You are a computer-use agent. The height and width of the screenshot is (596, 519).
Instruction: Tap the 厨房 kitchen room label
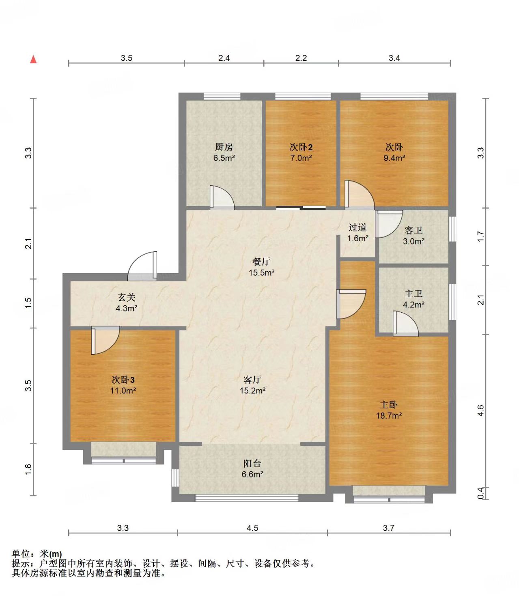pos(224,147)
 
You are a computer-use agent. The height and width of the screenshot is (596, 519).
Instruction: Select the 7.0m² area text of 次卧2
pos(301,158)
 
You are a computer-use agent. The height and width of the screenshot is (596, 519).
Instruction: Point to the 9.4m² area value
pos(394,158)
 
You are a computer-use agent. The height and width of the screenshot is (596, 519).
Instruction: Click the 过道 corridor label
pos(357,227)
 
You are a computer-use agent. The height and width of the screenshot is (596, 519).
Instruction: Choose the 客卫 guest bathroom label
pos(413,231)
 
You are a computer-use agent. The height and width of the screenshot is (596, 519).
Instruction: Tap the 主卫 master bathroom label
pos(413,294)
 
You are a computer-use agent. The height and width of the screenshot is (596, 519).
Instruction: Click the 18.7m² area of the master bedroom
pos(389,415)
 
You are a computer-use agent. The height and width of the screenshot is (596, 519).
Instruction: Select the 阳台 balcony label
pos(252,463)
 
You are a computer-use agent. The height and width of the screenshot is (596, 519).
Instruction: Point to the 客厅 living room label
pos(252,379)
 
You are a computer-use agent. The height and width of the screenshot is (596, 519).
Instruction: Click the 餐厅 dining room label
pos(261,261)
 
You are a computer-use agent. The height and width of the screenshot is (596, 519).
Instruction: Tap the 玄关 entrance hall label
pos(127,297)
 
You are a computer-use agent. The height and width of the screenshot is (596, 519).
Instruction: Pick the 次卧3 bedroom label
pos(123,380)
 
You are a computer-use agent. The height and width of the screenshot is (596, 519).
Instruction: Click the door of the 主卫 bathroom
pos(406,324)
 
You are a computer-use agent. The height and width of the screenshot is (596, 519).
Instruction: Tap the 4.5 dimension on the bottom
pos(252,527)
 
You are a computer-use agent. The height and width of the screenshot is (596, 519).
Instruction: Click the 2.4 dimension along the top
pos(224,58)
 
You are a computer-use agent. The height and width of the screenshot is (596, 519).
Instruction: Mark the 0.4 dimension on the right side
pos(480,493)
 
